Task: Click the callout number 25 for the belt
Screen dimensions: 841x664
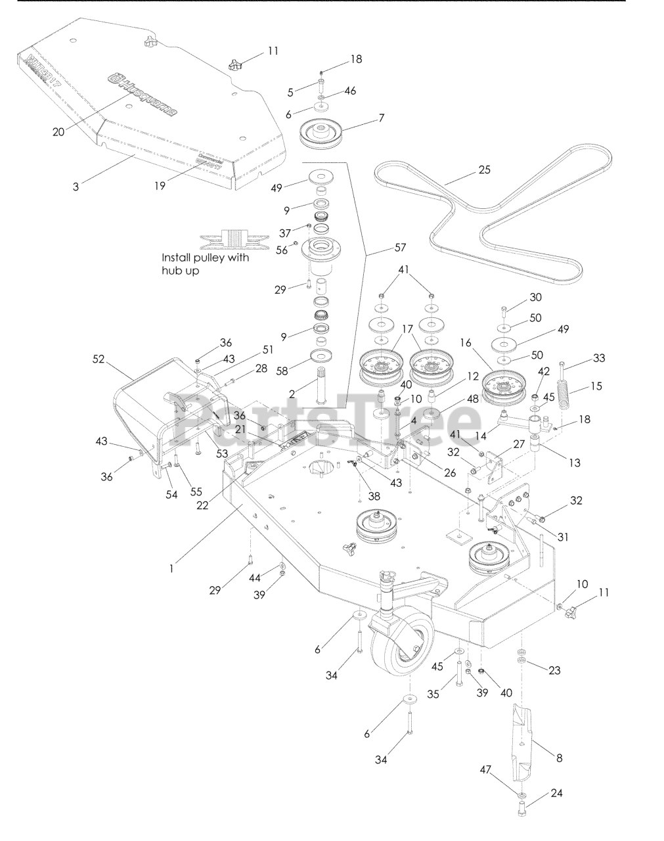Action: (x=484, y=171)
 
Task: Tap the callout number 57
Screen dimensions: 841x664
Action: (x=400, y=248)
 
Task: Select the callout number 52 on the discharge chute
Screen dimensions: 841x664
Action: (x=100, y=360)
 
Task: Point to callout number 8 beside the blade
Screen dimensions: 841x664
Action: (x=560, y=758)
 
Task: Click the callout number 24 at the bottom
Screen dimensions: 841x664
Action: (x=557, y=793)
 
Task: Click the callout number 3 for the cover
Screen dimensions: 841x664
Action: (x=76, y=187)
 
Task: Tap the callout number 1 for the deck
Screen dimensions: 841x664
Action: (x=171, y=569)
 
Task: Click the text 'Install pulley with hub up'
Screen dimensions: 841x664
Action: (x=206, y=264)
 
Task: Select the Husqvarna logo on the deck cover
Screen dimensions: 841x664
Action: (x=143, y=95)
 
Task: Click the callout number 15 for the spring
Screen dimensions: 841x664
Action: (x=596, y=386)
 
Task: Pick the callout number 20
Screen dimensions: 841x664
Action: (x=59, y=131)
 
